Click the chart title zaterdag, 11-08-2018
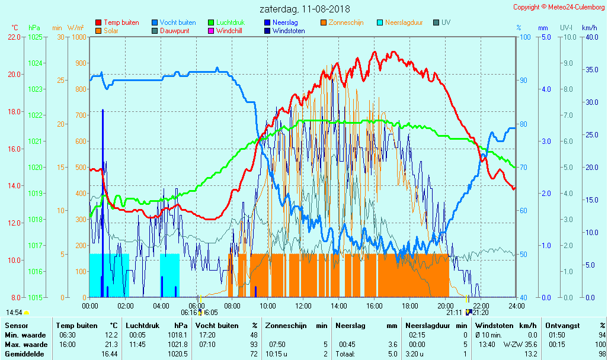pos(305,9)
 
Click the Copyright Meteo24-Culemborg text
pos(559,7)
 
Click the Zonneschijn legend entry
pos(345,22)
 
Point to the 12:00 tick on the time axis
pos(303,306)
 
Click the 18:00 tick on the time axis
pos(410,306)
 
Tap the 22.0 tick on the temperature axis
pos(14,37)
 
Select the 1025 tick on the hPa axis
pos(35,37)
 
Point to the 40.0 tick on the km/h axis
pos(590,37)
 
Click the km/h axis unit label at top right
pos(589,28)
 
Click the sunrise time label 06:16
pos(189,313)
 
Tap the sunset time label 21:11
pos(454,313)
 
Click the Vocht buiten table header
pos(217,326)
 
